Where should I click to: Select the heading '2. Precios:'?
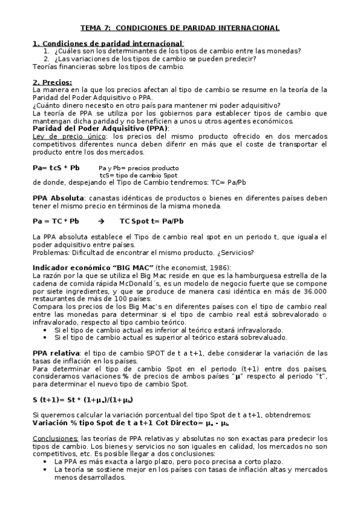point(52,82)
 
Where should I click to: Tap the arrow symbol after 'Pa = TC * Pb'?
point(100,221)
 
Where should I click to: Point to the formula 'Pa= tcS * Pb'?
point(56,167)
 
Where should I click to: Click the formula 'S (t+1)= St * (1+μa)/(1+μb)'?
point(82,399)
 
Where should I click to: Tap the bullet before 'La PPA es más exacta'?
point(46,462)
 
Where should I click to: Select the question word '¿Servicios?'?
point(234,252)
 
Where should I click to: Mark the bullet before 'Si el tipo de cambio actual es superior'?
point(46,338)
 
